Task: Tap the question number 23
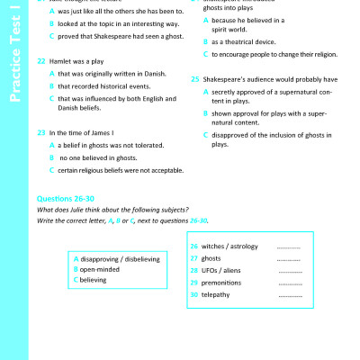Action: [x=41, y=131]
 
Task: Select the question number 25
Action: [x=195, y=78]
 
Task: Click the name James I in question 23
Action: [x=102, y=131]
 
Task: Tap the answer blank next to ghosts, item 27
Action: [x=289, y=258]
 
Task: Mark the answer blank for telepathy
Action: [x=289, y=294]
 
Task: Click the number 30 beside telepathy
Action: [x=194, y=294]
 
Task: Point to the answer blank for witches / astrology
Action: [x=289, y=246]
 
